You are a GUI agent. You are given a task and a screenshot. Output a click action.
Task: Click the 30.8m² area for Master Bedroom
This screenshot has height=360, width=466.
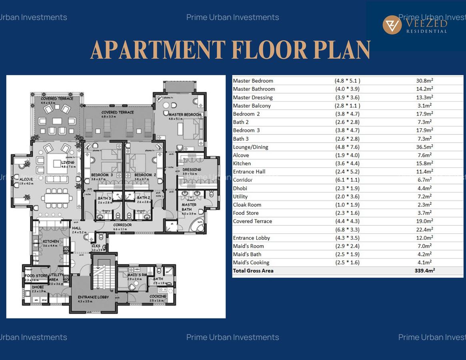(x=424, y=81)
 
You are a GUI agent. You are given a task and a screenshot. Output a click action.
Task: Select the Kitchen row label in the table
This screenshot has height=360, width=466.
(x=242, y=164)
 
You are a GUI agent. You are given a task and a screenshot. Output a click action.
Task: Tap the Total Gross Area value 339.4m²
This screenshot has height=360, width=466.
(x=424, y=271)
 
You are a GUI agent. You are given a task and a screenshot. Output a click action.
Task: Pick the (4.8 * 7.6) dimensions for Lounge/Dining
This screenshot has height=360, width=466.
(x=347, y=147)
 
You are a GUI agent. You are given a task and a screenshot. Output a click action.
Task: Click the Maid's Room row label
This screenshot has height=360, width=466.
(x=248, y=246)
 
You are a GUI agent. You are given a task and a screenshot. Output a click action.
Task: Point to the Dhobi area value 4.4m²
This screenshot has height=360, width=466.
(x=424, y=188)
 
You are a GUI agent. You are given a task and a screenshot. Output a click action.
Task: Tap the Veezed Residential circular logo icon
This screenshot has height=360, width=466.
(x=392, y=25)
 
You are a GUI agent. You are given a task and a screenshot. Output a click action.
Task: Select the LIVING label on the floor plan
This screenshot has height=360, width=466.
(x=68, y=162)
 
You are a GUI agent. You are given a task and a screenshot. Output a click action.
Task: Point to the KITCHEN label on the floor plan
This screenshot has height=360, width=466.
(x=51, y=241)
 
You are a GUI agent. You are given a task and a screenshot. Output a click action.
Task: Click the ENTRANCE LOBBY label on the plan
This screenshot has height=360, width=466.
(x=93, y=297)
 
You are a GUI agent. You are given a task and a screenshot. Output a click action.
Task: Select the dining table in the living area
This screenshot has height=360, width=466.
(x=56, y=198)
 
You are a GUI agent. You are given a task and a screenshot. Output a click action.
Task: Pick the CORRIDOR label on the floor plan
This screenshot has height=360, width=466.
(x=122, y=225)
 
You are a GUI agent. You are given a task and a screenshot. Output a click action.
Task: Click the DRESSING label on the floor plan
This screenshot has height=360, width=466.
(x=192, y=170)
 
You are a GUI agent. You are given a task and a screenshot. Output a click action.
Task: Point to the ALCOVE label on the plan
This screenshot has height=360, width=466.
(x=26, y=180)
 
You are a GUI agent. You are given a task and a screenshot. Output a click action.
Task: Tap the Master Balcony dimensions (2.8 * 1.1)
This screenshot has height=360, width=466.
(x=347, y=106)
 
